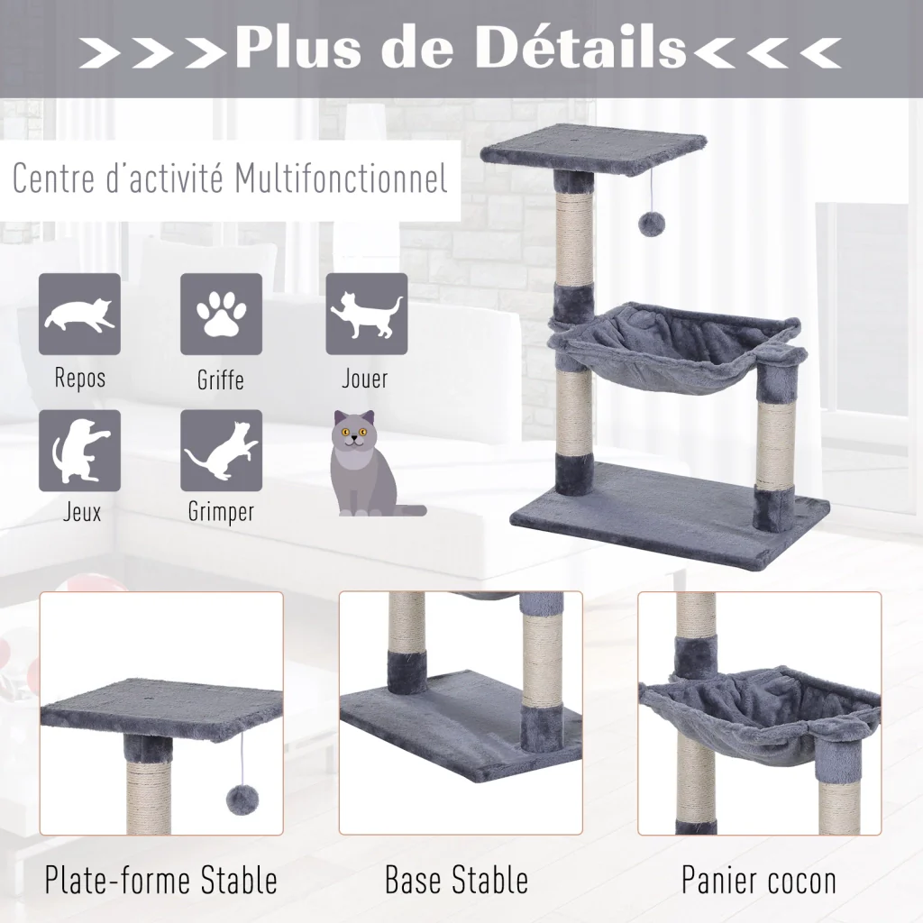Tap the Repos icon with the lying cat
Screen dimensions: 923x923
[x=80, y=315]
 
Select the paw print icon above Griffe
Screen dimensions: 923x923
[x=222, y=315]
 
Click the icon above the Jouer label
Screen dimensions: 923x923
[x=367, y=315]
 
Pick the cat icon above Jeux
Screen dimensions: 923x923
[x=80, y=451]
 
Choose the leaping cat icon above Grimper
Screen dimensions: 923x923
[x=222, y=451]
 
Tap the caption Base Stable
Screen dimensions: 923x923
[x=457, y=880]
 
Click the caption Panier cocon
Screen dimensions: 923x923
[x=759, y=881]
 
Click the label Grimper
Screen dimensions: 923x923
[x=222, y=512]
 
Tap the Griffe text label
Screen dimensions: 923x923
[x=221, y=379]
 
